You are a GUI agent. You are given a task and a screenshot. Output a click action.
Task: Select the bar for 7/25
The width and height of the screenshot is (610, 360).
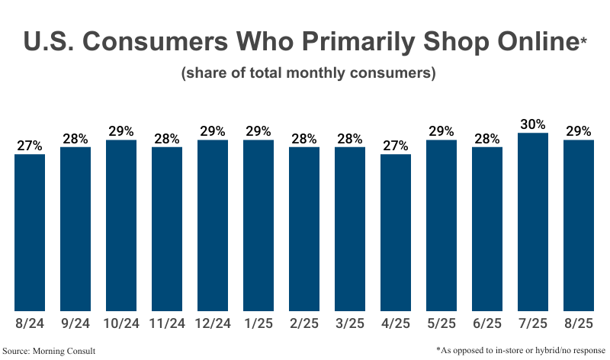click(533, 222)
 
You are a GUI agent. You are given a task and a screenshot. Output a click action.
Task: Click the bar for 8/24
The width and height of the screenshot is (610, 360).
click(30, 233)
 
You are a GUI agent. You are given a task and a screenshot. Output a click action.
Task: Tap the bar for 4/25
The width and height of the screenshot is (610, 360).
click(396, 233)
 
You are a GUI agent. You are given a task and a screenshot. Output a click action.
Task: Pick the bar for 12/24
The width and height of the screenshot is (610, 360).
click(213, 226)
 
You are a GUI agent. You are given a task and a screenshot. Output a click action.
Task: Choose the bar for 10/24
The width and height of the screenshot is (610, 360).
click(121, 226)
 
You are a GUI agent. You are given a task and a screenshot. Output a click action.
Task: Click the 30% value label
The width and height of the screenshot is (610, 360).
click(533, 124)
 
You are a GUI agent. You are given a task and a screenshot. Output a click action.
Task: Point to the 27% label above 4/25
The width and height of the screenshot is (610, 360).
click(396, 145)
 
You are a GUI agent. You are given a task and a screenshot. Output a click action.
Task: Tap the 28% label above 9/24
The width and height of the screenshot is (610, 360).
click(75, 138)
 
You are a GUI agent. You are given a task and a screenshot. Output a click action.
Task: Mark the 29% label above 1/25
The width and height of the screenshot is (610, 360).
click(258, 130)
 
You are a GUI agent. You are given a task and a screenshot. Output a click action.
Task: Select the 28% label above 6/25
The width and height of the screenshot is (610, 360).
click(487, 138)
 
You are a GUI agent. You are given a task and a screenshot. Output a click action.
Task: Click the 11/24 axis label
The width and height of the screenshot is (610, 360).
click(167, 323)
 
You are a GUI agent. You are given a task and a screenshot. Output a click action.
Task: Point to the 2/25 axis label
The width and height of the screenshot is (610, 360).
click(304, 323)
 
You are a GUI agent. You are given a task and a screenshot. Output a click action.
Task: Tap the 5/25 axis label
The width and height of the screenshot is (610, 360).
click(441, 323)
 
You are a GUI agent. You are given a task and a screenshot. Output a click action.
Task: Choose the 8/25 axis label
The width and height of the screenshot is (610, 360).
click(579, 323)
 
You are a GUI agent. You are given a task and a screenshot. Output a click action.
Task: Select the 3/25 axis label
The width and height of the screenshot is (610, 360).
click(350, 323)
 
